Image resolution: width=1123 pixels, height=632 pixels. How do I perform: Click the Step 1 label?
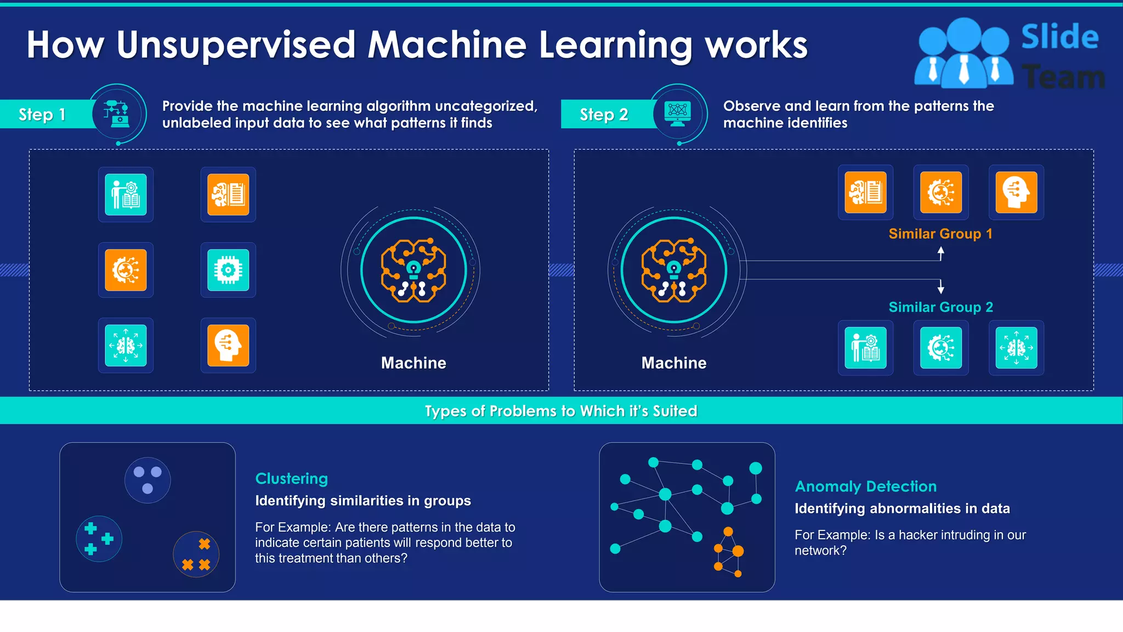tap(42, 114)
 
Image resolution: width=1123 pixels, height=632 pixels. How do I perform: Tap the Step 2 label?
tap(604, 114)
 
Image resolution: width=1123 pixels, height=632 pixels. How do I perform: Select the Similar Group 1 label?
tap(940, 234)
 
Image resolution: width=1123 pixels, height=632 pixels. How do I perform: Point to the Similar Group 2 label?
tap(940, 307)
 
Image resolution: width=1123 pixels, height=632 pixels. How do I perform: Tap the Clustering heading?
tap(291, 478)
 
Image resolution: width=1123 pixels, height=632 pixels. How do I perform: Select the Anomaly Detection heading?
tap(865, 486)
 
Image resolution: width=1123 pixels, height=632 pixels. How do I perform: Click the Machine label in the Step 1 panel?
tap(413, 363)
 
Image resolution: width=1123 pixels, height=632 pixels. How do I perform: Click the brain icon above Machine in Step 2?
tap(674, 270)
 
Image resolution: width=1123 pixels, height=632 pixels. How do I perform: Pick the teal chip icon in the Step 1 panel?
tap(228, 270)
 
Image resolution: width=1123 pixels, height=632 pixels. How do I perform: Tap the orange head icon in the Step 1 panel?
tap(228, 346)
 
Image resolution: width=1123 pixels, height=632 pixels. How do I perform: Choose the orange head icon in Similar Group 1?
tap(1016, 193)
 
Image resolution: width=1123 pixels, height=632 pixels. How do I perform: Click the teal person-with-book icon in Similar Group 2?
tap(865, 348)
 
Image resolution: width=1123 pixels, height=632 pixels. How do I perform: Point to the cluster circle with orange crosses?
tap(196, 554)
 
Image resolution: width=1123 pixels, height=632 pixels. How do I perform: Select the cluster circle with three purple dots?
tap(148, 480)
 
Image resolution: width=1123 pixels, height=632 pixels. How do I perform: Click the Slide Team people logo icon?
tap(963, 53)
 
